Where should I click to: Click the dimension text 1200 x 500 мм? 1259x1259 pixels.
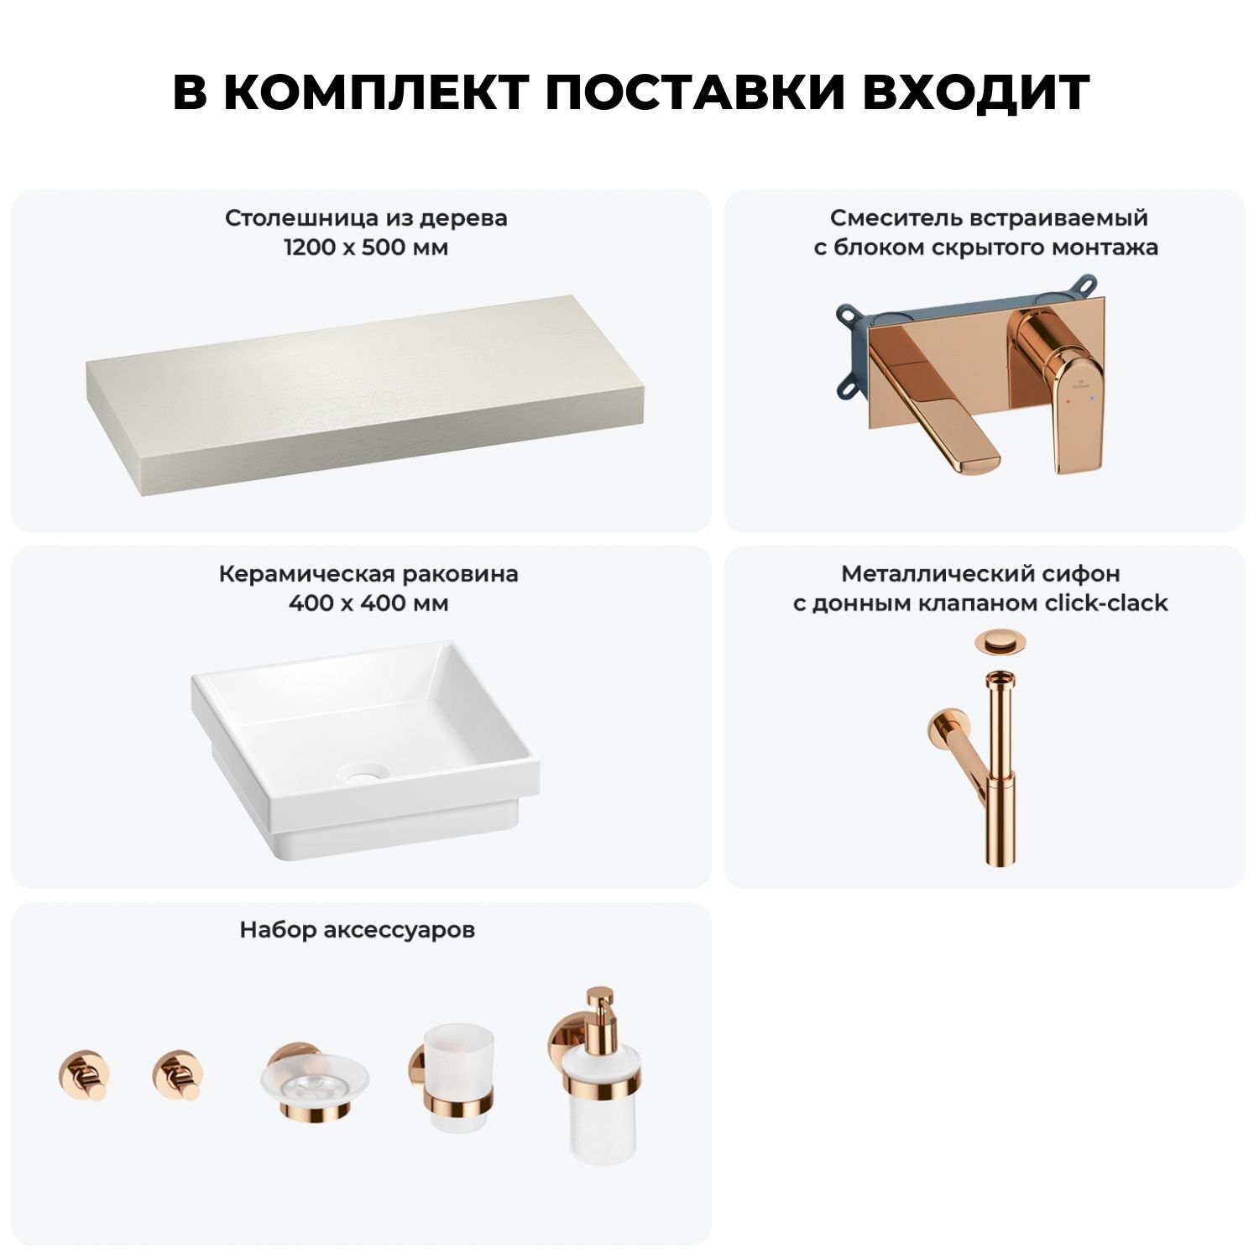coord(367,248)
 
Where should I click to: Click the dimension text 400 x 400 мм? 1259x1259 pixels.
coord(368,603)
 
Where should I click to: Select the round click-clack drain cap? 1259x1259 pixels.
coord(998,645)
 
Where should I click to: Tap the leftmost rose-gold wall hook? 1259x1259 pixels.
coord(84,1074)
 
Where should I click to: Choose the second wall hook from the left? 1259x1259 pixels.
coord(178,1074)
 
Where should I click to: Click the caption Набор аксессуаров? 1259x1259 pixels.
coord(358,931)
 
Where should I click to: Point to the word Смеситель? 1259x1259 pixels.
coord(896,218)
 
